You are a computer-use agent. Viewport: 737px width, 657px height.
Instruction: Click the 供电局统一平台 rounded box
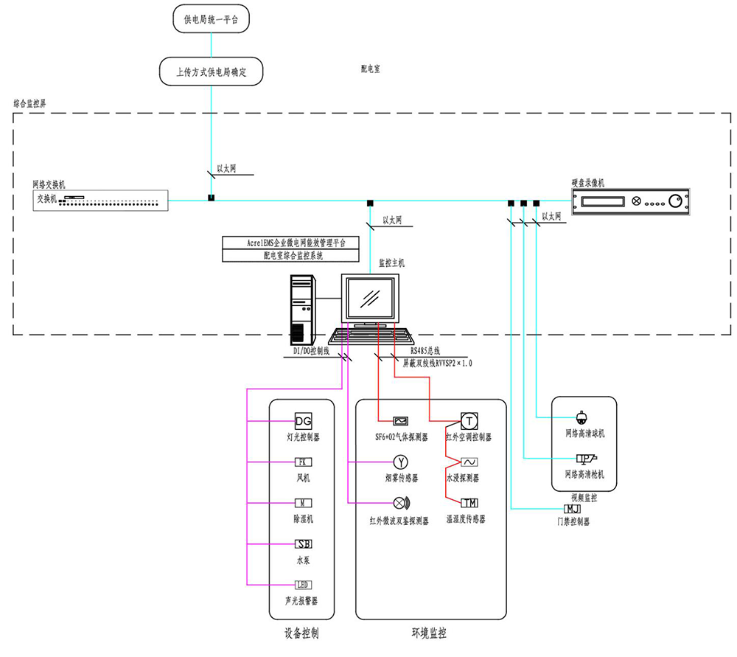pos(210,19)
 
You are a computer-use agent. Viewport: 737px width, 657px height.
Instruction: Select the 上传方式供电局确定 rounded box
pos(211,72)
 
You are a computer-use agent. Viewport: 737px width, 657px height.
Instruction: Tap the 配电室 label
pos(370,69)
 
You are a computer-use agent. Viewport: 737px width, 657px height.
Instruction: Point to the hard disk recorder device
pos(632,201)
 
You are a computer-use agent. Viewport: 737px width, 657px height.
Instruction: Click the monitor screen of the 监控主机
pos(370,299)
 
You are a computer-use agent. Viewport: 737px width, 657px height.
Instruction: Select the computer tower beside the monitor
pos(302,308)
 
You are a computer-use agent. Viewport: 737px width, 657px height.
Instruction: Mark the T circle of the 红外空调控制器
pos(469,420)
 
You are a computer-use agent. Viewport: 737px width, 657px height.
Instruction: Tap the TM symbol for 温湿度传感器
pos(469,503)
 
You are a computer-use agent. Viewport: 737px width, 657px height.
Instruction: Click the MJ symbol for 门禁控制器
pos(573,509)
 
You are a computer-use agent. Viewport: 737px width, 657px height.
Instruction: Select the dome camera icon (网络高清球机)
pos(581,417)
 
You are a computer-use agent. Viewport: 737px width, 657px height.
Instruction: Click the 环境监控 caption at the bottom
pos(429,633)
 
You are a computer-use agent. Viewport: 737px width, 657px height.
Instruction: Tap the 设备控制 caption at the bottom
pos(301,633)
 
